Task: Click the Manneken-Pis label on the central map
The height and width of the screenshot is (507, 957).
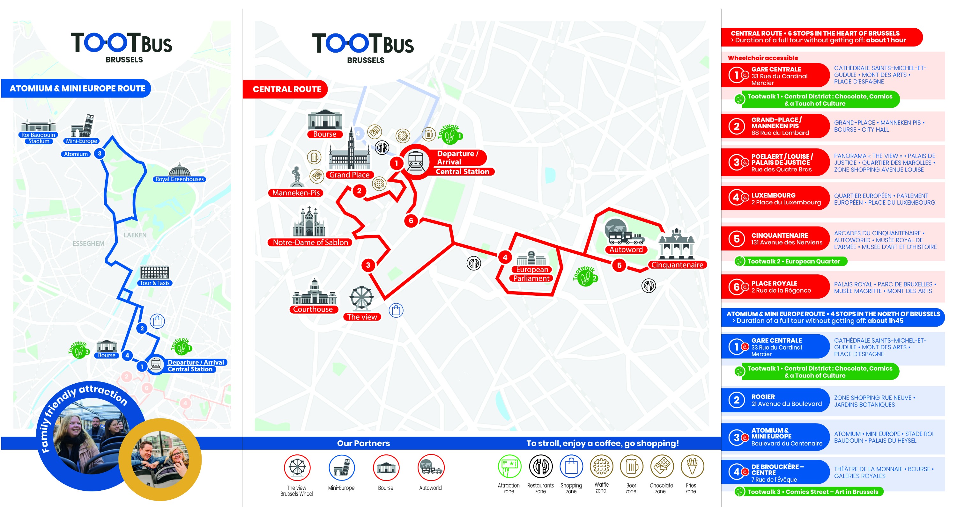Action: [296, 192]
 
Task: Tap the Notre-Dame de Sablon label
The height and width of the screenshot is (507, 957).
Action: [310, 243]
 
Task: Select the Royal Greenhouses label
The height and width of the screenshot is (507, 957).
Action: [179, 179]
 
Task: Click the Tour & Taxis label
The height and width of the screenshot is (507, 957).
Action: [154, 283]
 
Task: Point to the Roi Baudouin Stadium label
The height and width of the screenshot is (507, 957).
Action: [38, 138]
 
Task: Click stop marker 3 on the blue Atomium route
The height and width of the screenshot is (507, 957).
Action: [100, 153]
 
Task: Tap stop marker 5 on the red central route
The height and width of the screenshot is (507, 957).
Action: [619, 265]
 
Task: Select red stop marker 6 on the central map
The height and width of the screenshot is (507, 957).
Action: [411, 221]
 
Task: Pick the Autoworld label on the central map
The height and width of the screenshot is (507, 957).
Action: [626, 250]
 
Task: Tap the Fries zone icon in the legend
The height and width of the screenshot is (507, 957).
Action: [692, 467]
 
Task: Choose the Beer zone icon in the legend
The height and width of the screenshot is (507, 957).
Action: [631, 467]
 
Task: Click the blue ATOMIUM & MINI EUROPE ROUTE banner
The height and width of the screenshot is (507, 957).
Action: [77, 88]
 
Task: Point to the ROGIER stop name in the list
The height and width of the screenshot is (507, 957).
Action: [763, 397]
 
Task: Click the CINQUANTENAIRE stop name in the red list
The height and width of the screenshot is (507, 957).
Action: [779, 235]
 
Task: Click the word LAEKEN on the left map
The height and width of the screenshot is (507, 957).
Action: [135, 235]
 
